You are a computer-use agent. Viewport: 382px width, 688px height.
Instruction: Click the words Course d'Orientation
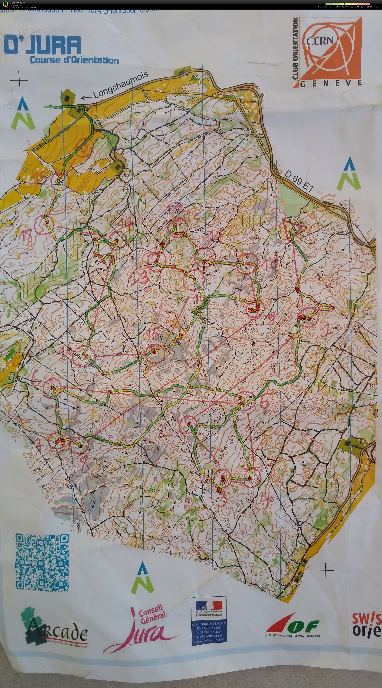74,60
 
